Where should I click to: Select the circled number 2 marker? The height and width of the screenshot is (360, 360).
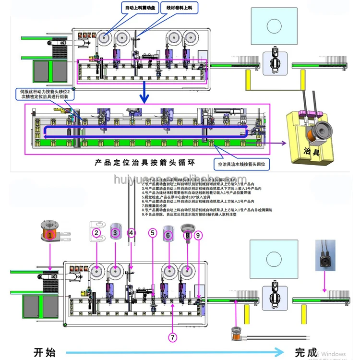pos(96,233)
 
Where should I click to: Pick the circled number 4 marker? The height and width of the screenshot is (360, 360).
pos(132,233)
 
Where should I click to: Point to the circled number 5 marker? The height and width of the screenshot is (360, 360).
pos(153,233)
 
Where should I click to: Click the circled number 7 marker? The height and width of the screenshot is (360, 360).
pos(173,337)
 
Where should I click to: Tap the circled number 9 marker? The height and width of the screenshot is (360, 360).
pos(198,235)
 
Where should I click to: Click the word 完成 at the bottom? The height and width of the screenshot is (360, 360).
pos(306,352)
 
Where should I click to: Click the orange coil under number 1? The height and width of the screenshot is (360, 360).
pos(49,235)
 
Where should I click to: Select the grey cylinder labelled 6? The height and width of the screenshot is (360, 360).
pos(168,234)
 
